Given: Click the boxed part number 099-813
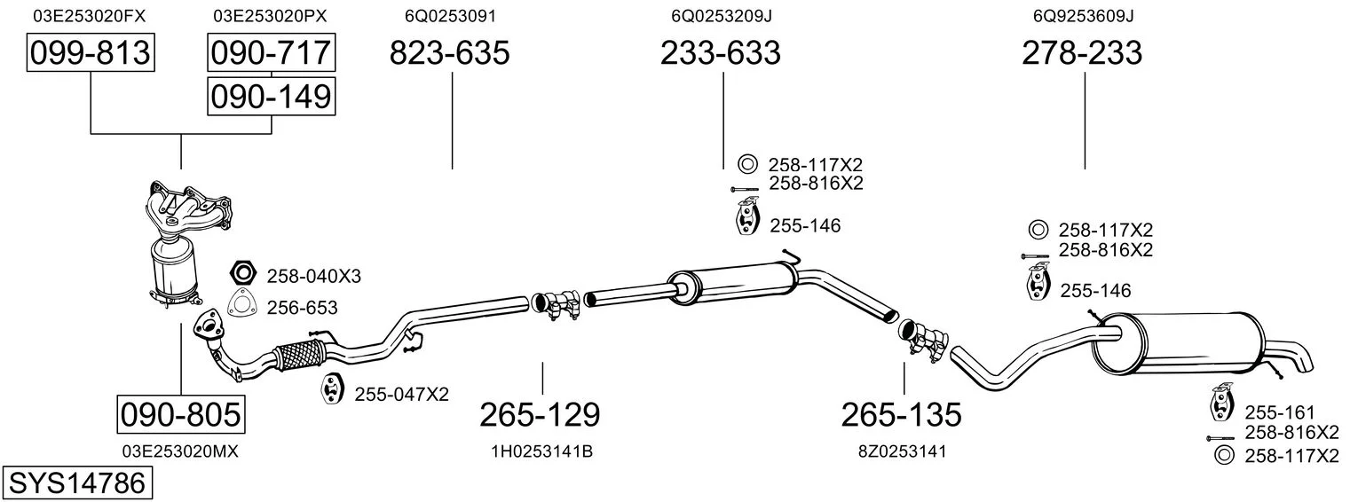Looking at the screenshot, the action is coord(91,52).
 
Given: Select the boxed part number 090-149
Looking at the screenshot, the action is coord(271,97).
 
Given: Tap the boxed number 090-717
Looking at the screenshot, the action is coord(271,52).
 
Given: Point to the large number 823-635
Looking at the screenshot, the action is coord(449,52).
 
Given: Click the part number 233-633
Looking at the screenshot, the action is coord(720,52).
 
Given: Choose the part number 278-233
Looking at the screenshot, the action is coord(1082,52).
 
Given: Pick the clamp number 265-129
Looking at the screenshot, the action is coord(540,415).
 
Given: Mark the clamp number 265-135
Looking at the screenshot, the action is coord(901,415).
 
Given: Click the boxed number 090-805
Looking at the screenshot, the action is coord(181,415).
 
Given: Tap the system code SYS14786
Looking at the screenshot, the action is coord(77,483).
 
